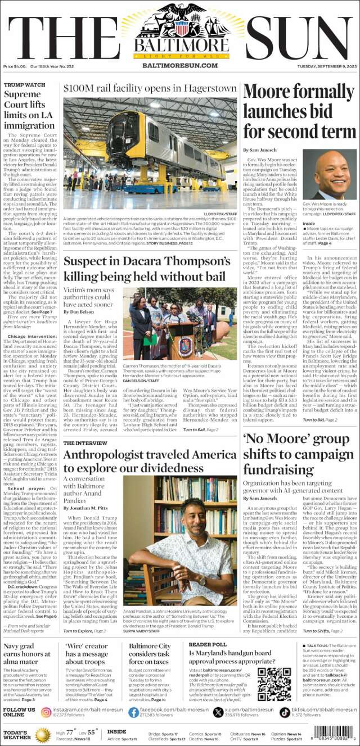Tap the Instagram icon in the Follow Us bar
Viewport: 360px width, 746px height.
tap(46, 712)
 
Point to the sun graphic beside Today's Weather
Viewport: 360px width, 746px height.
tap(43, 735)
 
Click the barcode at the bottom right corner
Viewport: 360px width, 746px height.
tap(333, 733)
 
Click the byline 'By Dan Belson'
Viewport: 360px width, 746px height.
tap(79, 311)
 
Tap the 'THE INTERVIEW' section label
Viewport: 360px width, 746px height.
tap(85, 443)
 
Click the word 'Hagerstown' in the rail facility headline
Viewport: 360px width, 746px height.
tap(209, 89)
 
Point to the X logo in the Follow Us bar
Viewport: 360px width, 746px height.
tap(219, 712)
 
